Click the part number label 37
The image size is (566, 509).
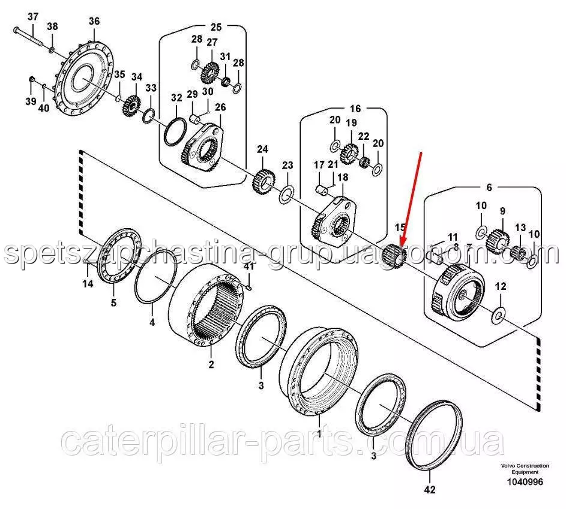point(33,17)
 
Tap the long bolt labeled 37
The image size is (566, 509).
point(29,36)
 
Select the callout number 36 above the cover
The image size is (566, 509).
point(94,21)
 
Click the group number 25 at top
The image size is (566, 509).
point(216,27)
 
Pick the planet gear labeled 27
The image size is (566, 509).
point(209,73)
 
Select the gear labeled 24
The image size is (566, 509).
point(263,181)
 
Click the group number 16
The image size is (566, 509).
point(355,109)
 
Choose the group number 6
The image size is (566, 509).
point(489,187)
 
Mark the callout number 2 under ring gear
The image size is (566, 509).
point(211,364)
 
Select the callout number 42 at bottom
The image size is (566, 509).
point(430,490)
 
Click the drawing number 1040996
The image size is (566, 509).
point(525,481)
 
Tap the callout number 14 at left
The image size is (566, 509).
point(88,284)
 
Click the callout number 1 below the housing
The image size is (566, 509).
point(319,432)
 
